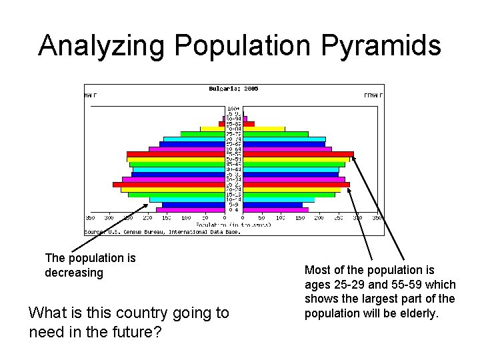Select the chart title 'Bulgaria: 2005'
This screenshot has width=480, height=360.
(233, 89)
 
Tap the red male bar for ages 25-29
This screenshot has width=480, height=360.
(168, 185)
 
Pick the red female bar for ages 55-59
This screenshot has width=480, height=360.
(298, 154)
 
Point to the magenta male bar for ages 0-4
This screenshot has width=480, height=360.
(190, 210)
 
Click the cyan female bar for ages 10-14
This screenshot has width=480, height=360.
(278, 199)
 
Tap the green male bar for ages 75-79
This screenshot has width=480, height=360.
(203, 134)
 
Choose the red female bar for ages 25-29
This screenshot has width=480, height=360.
(296, 185)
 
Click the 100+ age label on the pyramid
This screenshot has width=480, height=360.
(233, 109)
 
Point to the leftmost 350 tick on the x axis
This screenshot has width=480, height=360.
(90, 218)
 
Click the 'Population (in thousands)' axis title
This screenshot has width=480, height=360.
(233, 225)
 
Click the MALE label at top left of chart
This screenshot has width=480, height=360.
(90, 95)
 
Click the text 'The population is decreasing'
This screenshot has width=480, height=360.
(90, 265)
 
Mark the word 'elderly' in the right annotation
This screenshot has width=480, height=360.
(421, 313)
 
